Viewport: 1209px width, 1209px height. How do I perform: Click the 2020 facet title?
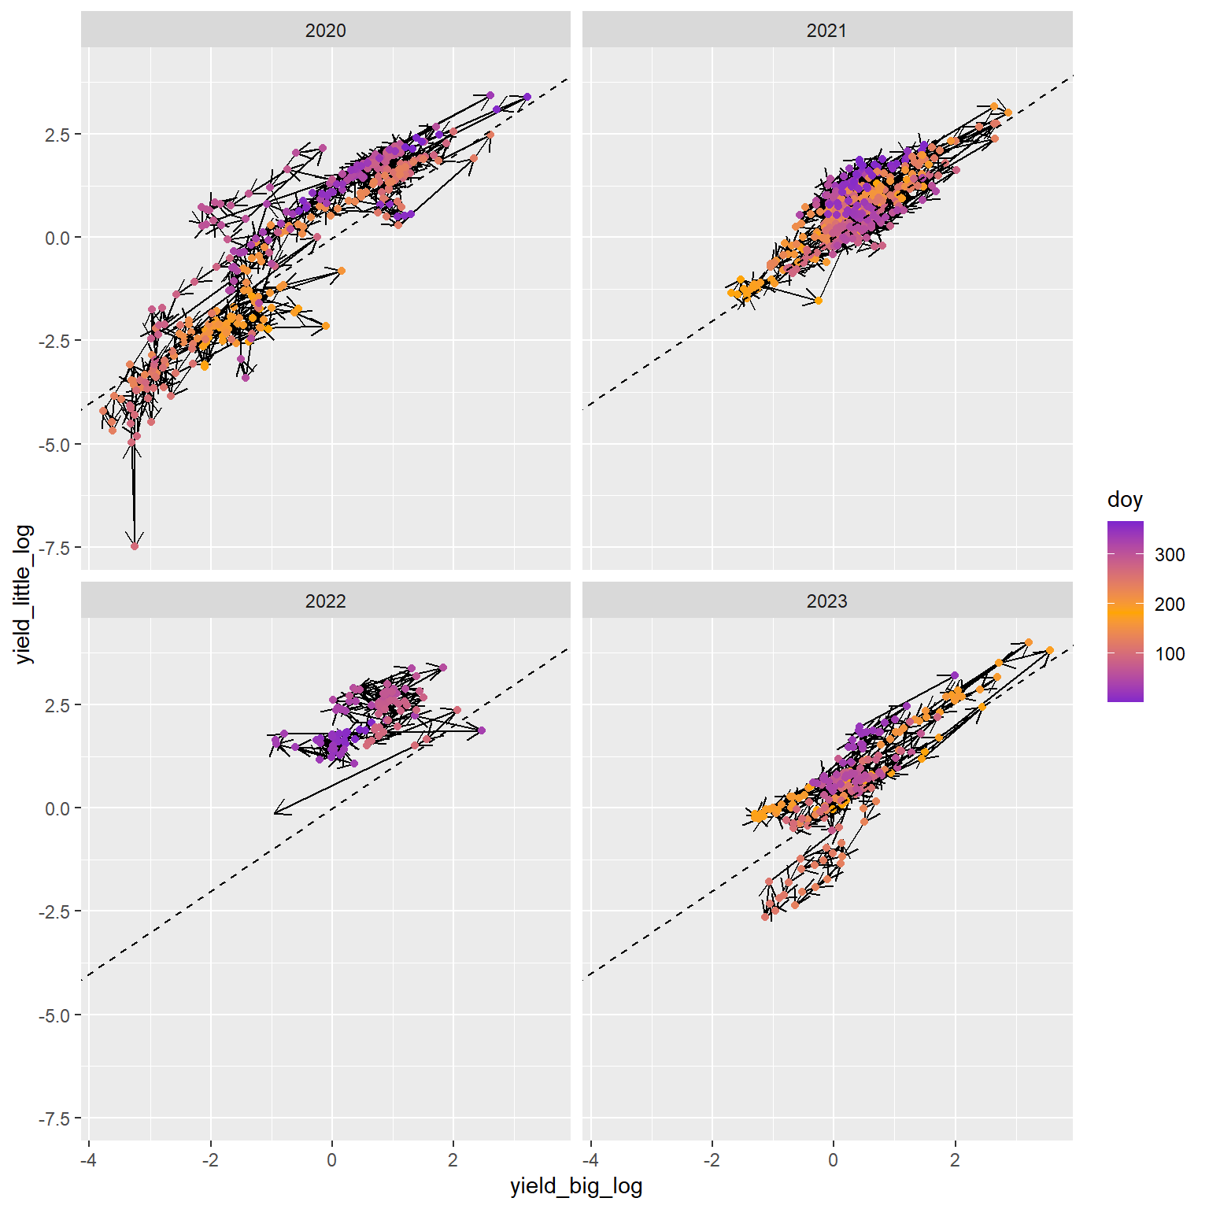click(x=325, y=31)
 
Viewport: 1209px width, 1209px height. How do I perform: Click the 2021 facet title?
click(x=826, y=31)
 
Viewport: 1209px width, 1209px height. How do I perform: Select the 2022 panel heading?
click(x=325, y=601)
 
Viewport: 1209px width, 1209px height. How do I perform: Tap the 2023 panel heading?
click(x=826, y=601)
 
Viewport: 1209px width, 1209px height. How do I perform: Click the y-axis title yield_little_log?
click(x=24, y=594)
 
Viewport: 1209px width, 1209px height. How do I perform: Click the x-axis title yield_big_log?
click(x=576, y=1186)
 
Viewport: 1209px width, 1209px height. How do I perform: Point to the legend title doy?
click(x=1124, y=500)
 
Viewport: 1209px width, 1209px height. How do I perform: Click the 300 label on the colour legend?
click(x=1170, y=555)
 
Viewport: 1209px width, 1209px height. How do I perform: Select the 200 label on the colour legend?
click(x=1170, y=604)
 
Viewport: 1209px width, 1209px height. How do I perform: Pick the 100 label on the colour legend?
click(x=1170, y=654)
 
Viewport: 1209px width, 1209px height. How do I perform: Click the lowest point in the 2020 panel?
click(x=135, y=546)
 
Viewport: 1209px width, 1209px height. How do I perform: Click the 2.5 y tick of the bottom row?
click(x=58, y=704)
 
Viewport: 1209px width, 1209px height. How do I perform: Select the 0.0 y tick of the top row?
click(x=58, y=238)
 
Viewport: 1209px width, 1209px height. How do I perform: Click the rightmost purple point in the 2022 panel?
click(x=482, y=730)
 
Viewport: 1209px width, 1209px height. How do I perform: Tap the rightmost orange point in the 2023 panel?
click(x=1049, y=650)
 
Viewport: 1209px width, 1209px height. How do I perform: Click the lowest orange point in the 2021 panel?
click(x=819, y=301)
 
